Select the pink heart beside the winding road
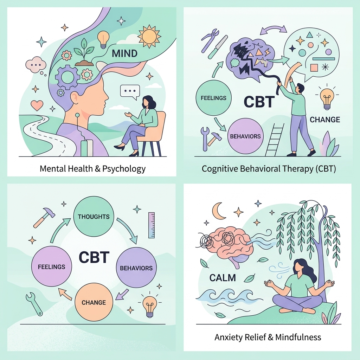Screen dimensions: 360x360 pyautogui.click(x=37, y=105)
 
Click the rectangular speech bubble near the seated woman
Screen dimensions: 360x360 pyautogui.click(x=130, y=91)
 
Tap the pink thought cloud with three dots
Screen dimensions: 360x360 pyautogui.click(x=36, y=65)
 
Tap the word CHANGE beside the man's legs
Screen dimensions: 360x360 pyautogui.click(x=325, y=120)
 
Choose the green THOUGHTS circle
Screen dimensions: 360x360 pyautogui.click(x=94, y=217)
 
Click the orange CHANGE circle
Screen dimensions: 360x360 pyautogui.click(x=94, y=302)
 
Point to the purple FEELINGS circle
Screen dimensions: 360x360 pyautogui.click(x=52, y=267)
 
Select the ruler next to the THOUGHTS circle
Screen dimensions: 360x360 pyautogui.click(x=152, y=225)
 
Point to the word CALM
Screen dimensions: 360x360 pyautogui.click(x=223, y=278)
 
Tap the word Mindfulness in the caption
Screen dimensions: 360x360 pyautogui.click(x=298, y=337)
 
